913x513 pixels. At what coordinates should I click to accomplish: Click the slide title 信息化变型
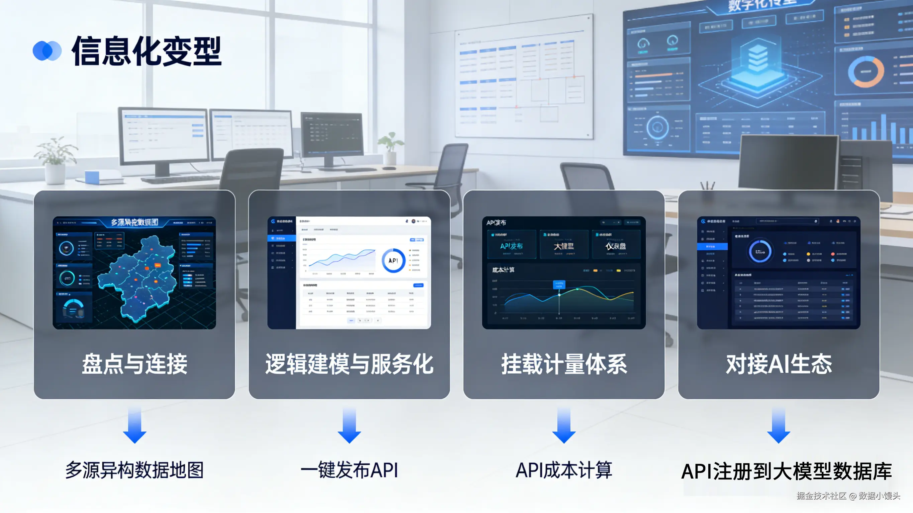tap(146, 51)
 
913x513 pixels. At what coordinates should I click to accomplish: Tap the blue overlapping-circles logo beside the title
tap(47, 51)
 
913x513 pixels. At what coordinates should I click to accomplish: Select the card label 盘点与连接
tap(134, 364)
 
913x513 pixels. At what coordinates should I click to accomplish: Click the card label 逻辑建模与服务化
tap(349, 364)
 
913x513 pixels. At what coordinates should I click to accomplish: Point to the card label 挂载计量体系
tap(564, 364)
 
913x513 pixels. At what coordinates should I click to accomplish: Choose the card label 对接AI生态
tap(779, 364)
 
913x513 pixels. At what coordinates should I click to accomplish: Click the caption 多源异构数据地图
tap(134, 470)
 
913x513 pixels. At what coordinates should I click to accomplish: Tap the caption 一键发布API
tap(349, 470)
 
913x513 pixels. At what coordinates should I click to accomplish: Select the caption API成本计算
tap(564, 470)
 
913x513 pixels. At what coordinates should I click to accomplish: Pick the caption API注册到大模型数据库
tap(786, 471)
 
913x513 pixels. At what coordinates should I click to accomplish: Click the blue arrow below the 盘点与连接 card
tap(134, 425)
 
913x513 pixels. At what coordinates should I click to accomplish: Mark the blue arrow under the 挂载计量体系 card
tap(564, 425)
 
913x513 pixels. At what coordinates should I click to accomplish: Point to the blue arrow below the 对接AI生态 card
tap(779, 425)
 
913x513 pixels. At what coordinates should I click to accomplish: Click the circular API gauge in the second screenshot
tap(393, 261)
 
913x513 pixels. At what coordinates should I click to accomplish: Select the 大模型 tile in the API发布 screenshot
tap(564, 245)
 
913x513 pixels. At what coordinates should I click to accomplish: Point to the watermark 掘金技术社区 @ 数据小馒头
tap(848, 496)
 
